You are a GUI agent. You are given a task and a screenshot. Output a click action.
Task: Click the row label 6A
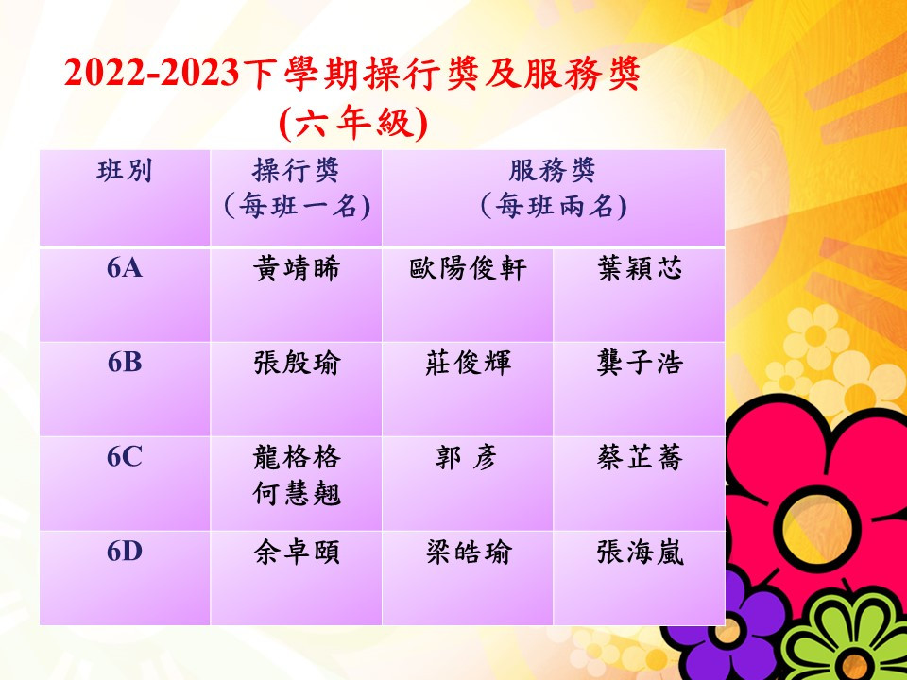point(125,269)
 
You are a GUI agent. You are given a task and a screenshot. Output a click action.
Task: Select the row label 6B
point(125,363)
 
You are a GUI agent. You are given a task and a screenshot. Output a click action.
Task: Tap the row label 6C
point(125,457)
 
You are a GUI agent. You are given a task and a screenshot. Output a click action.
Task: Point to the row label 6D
point(125,552)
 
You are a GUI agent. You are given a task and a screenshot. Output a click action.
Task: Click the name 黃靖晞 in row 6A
point(296,269)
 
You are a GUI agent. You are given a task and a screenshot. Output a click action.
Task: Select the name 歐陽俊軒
point(468,269)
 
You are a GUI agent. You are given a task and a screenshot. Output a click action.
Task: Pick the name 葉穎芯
point(640,269)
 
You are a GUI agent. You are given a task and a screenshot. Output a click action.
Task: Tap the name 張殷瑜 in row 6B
point(296,364)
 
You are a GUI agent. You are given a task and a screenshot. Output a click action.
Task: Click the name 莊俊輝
point(468,364)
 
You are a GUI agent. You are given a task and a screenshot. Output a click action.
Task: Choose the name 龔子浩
point(640,364)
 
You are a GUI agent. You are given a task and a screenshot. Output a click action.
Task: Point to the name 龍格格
point(296,458)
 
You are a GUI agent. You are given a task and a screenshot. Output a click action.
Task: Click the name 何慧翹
point(296,494)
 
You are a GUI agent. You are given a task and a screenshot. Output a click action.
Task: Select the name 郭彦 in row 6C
point(466,458)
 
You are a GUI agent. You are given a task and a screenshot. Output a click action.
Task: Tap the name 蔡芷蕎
point(640,458)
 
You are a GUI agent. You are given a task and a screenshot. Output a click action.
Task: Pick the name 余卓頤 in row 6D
point(296,552)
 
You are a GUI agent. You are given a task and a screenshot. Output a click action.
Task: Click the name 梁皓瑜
point(468,552)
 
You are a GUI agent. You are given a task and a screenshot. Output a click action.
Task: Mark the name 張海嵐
point(640,552)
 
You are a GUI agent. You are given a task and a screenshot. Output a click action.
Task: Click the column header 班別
point(125,172)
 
